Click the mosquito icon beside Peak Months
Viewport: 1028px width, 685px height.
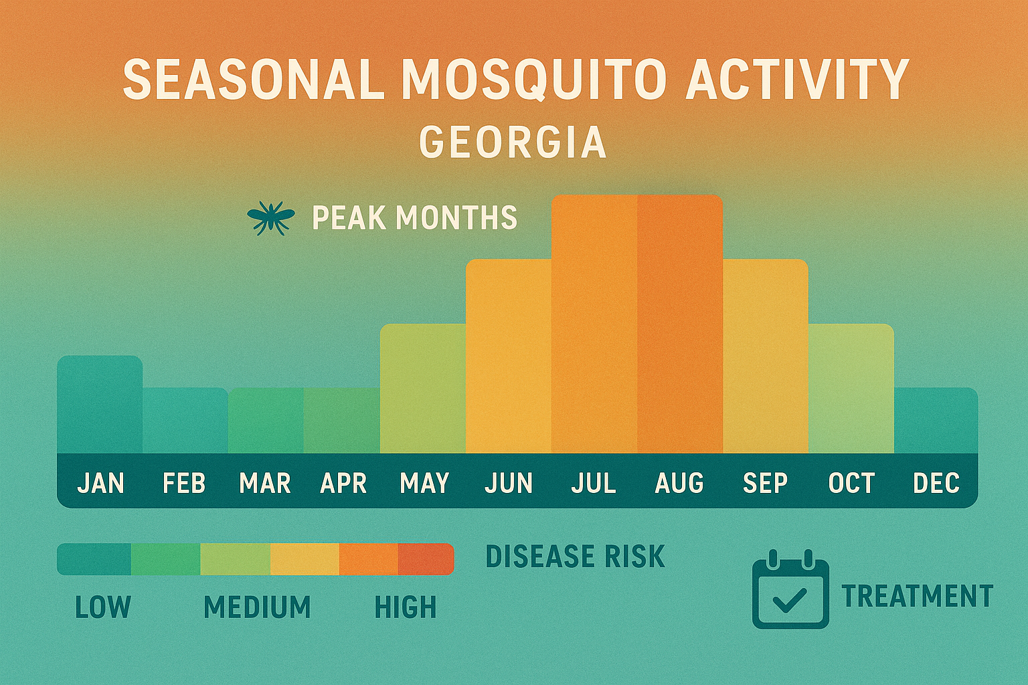tap(270, 218)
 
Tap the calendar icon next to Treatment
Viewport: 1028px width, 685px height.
tap(790, 589)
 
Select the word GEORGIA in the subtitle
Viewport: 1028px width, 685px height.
tap(513, 142)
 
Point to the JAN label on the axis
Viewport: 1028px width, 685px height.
tap(100, 483)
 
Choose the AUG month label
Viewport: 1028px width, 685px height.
tap(679, 483)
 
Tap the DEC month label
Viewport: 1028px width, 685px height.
tap(936, 483)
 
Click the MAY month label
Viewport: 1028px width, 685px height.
tap(424, 483)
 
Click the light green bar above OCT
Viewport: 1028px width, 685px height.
tap(851, 388)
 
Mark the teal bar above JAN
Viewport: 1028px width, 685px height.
tap(100, 405)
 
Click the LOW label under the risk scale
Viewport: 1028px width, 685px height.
tap(103, 607)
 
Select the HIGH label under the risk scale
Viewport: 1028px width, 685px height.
tap(406, 607)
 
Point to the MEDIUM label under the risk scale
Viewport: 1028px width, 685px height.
tap(257, 607)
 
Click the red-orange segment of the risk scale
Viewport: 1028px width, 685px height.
tap(426, 559)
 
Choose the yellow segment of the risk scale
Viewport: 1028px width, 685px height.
tap(305, 559)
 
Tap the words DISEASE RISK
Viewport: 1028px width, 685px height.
tap(575, 557)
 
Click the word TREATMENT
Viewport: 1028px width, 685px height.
tap(917, 596)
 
